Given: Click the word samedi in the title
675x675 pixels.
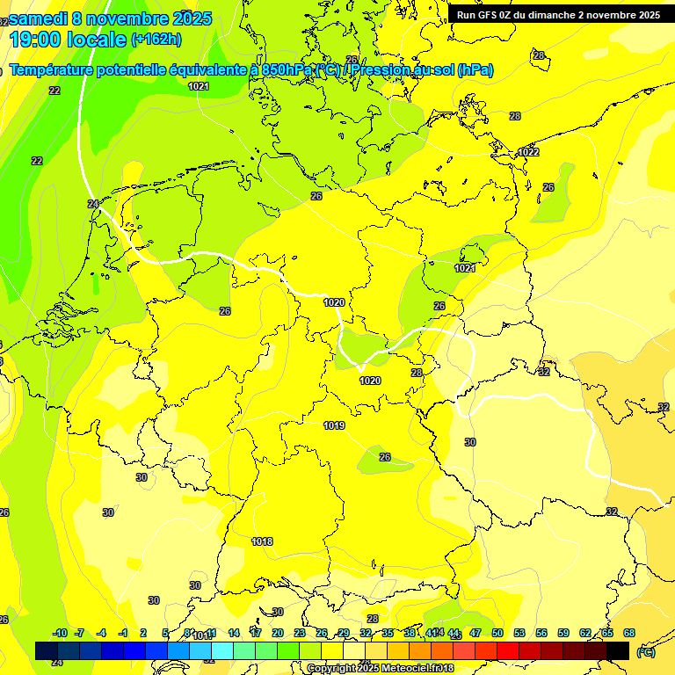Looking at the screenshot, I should [x=38, y=18].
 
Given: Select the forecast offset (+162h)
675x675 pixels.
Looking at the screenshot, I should [x=156, y=40].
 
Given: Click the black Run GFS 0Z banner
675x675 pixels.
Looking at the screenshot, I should [x=558, y=15].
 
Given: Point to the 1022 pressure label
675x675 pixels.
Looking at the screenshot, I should [x=528, y=152].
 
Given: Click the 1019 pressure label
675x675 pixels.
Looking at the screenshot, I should [x=334, y=425].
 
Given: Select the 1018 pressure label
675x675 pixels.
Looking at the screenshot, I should [x=261, y=541].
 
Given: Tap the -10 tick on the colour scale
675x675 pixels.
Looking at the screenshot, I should [x=60, y=633].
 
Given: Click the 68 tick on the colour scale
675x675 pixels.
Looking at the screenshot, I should [x=629, y=633].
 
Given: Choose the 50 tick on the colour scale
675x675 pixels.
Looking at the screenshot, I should [x=497, y=633].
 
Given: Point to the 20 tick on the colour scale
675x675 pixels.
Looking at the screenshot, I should [x=277, y=633].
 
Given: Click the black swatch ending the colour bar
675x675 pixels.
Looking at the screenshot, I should [x=618, y=650].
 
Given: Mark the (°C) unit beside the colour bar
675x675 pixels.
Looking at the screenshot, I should [x=646, y=652].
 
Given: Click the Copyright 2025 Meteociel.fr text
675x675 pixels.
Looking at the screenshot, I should [x=380, y=669].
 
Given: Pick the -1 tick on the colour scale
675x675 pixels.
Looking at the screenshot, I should [x=123, y=633].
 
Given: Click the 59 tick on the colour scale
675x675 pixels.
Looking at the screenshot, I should [x=563, y=633].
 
